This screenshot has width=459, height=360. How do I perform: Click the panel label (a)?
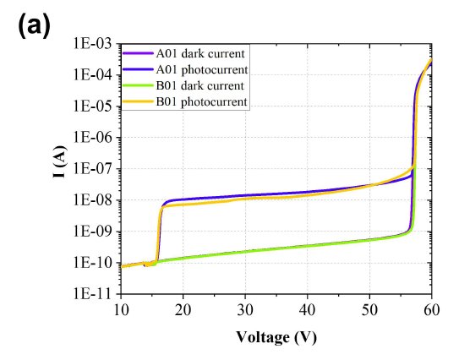pyautogui.click(x=34, y=25)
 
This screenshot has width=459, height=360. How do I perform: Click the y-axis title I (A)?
pyautogui.click(x=60, y=161)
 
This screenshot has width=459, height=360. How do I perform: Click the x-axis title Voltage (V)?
pyautogui.click(x=276, y=337)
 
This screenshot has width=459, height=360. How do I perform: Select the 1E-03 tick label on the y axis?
pyautogui.click(x=92, y=44)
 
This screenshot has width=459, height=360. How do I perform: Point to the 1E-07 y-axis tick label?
pyautogui.click(x=92, y=169)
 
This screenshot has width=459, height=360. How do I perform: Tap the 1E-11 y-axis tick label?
pyautogui.click(x=92, y=293)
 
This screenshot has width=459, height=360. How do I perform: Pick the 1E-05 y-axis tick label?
pyautogui.click(x=92, y=106)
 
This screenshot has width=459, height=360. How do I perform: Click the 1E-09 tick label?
pyautogui.click(x=92, y=232)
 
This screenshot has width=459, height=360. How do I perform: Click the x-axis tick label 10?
pyautogui.click(x=121, y=310)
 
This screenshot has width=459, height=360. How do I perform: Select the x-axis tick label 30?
pyautogui.click(x=245, y=310)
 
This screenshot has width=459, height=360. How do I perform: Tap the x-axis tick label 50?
pyautogui.click(x=369, y=310)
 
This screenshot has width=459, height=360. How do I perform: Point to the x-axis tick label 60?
pyautogui.click(x=431, y=310)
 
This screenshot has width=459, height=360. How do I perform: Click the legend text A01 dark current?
pyautogui.click(x=200, y=53)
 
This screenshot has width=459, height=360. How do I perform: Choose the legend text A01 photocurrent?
pyautogui.click(x=202, y=69)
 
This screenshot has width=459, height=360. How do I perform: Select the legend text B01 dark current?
pyautogui.click(x=200, y=85)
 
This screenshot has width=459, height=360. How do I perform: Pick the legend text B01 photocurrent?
pyautogui.click(x=202, y=102)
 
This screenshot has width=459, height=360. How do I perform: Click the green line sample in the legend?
pyautogui.click(x=138, y=85)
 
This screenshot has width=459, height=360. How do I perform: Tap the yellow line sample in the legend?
pyautogui.click(x=138, y=102)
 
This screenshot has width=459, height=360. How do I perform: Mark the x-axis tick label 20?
pyautogui.click(x=183, y=310)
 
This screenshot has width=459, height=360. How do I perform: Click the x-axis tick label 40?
pyautogui.click(x=308, y=310)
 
